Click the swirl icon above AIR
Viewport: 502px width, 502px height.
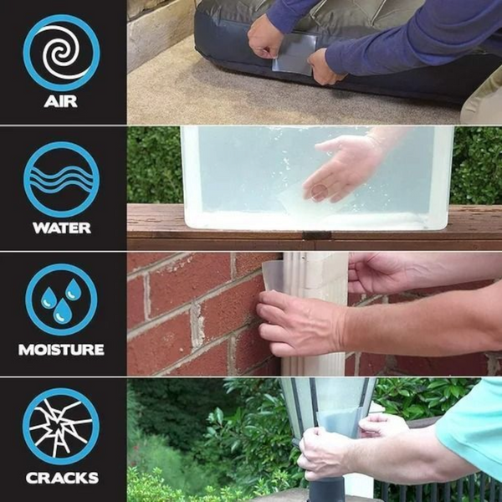(61, 53)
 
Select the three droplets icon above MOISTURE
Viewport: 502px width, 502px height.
(61, 301)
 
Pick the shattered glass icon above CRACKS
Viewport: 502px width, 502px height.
(61, 427)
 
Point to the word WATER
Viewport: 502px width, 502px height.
(61, 228)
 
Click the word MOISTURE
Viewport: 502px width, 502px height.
(61, 350)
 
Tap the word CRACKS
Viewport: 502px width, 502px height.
(61, 479)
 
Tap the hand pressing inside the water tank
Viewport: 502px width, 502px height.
(339, 167)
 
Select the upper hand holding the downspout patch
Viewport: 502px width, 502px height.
(376, 272)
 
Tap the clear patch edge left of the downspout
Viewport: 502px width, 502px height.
(273, 276)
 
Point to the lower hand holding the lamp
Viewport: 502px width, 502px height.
(326, 456)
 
